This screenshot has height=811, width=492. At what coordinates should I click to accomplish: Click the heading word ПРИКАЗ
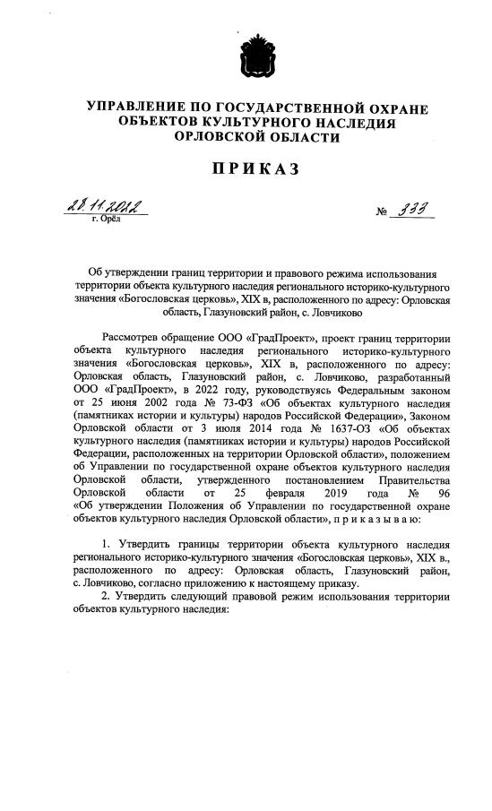pos(246,169)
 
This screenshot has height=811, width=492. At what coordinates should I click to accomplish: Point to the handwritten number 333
pos(413,209)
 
